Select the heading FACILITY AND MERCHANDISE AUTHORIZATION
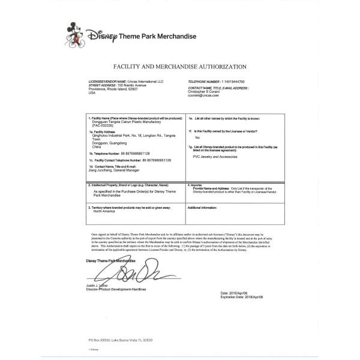tap(179, 67)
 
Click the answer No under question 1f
tap(197, 138)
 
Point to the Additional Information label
tap(202, 207)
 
